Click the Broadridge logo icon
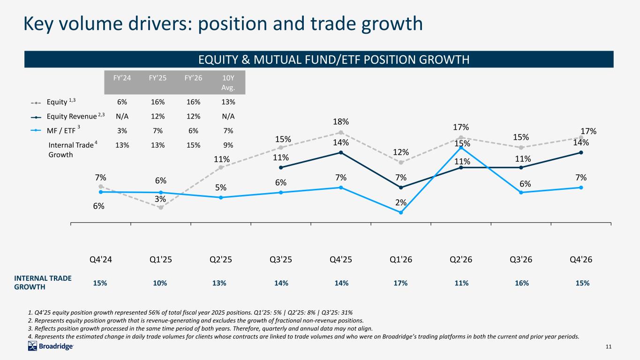point(32,346)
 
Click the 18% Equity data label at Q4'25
point(340,122)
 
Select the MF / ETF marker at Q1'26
point(401,212)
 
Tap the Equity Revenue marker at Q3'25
point(281,167)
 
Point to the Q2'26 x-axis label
point(461,259)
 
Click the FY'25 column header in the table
point(158,78)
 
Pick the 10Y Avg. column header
point(228,82)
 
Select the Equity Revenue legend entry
point(68,116)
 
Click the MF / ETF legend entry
point(55,130)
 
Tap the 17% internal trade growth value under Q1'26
point(400,283)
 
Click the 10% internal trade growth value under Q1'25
point(160,283)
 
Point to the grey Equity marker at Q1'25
point(161,208)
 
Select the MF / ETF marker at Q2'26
point(461,148)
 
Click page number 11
point(609,346)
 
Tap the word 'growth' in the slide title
point(392,24)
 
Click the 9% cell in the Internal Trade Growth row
point(228,145)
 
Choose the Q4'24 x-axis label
point(100,259)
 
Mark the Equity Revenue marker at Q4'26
point(581,152)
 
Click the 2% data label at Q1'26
point(401,202)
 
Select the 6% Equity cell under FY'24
point(122,102)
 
